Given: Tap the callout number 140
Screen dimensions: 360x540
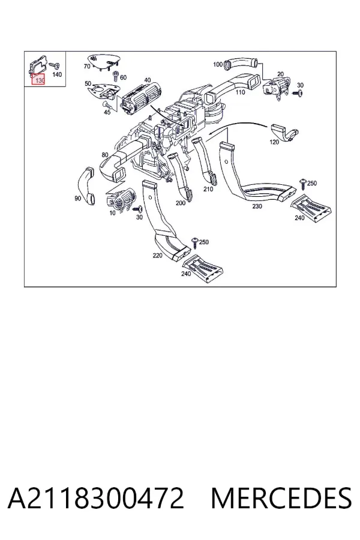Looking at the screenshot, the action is point(57,74).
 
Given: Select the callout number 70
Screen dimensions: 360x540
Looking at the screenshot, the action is point(87,66).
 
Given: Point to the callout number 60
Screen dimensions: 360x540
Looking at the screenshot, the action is point(124,78).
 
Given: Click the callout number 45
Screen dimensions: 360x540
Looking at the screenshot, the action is point(107,112).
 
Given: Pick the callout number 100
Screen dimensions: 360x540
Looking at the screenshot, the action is point(218,64).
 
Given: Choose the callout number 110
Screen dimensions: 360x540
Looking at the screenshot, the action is point(240,92).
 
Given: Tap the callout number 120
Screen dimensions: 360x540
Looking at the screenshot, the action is point(274,142).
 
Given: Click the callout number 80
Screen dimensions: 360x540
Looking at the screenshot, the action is point(105,155).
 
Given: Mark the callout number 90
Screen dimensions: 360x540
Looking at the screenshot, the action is point(78,199).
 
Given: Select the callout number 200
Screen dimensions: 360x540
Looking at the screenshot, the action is point(181,203).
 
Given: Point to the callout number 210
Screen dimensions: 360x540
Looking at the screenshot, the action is point(208,189).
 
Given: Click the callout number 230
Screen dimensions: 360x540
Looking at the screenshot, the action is point(257,206).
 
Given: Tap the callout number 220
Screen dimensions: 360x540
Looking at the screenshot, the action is point(157,255).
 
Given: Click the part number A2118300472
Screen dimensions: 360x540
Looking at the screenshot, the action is point(96,498).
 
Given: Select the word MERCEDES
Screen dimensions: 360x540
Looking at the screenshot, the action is point(281,498).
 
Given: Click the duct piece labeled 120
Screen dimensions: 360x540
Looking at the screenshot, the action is point(284,133).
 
